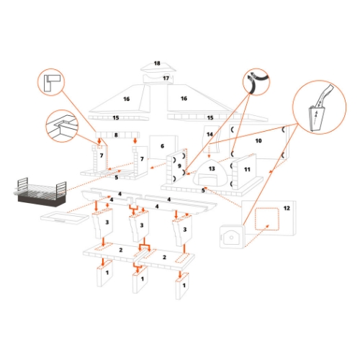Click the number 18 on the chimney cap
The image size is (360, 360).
tap(157, 63)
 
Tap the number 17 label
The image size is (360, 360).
tap(166, 78)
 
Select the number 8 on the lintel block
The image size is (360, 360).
tap(116, 135)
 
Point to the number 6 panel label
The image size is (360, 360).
tap(162, 146)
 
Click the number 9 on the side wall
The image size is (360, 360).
tap(179, 166)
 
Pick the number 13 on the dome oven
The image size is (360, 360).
tap(212, 168)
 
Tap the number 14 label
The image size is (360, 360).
tap(210, 135)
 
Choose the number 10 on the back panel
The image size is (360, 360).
tap(258, 140)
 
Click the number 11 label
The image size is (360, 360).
tap(247, 169)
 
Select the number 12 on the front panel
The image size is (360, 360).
tap(287, 208)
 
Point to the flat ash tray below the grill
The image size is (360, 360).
tap(65, 216)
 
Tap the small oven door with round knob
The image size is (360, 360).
tap(232, 237)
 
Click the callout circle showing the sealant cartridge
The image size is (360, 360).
tap(319, 107)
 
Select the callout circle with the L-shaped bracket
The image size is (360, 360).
tap(51, 82)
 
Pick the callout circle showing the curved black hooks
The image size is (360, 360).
tap(256, 82)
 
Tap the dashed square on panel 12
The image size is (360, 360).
tap(267, 219)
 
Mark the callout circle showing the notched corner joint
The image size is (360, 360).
tap(62, 126)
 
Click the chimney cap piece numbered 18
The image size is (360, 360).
tap(158, 67)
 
